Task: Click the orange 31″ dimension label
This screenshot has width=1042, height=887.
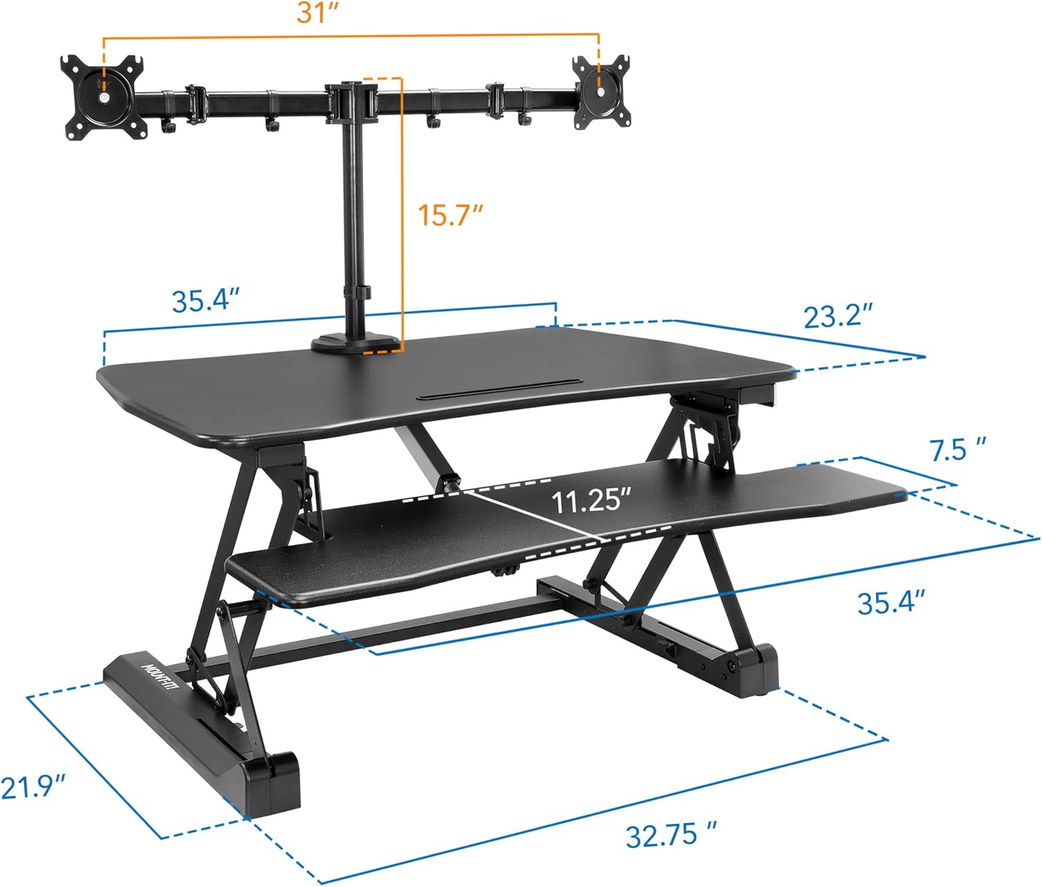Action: pos(317,13)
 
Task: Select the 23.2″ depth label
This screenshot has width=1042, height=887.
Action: pos(838,316)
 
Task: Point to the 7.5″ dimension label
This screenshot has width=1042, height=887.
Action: pos(958,450)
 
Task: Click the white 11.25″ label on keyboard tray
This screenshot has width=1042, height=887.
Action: pos(590,501)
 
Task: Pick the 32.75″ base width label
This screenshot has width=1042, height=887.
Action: pos(670,834)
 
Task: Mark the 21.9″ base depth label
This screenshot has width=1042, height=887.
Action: pos(33,788)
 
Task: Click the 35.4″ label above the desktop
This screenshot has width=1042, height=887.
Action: pos(206,301)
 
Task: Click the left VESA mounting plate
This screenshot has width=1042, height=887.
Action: pos(104,96)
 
